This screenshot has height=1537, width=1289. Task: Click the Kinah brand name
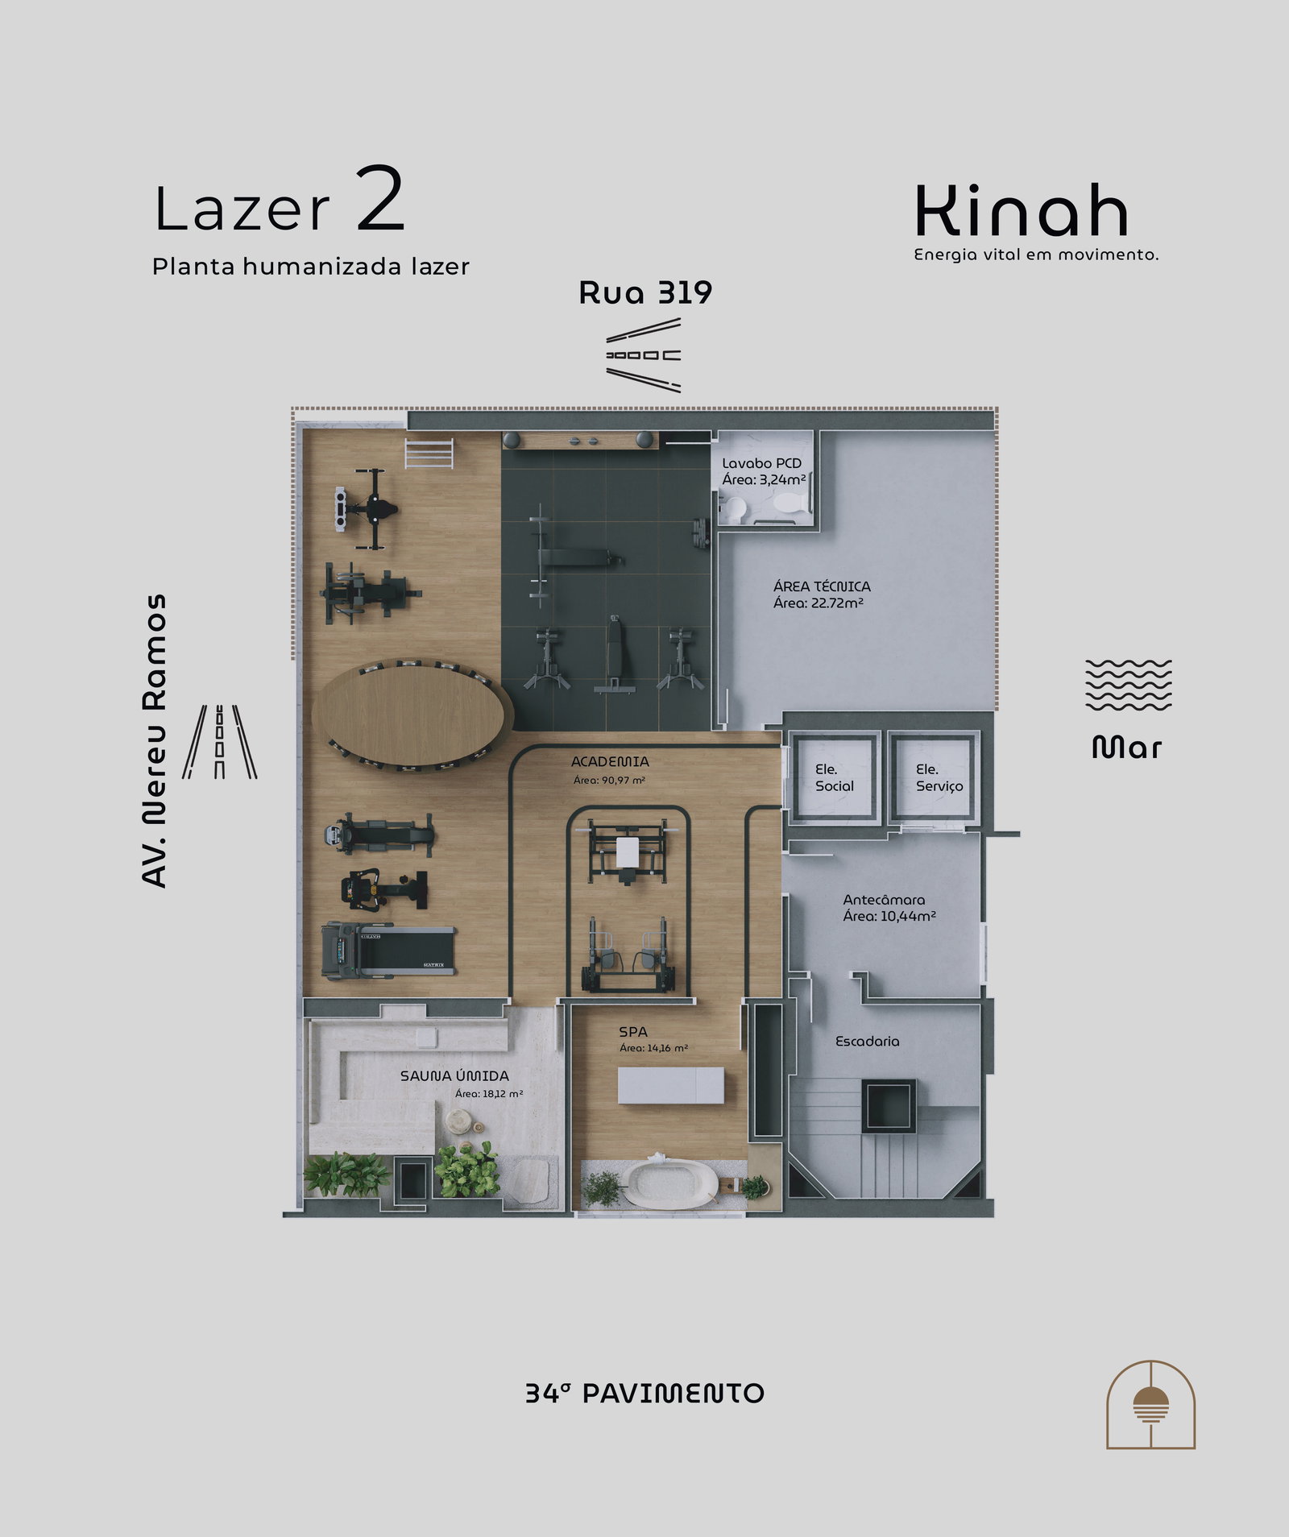[1021, 210]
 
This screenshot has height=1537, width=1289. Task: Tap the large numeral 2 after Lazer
[379, 199]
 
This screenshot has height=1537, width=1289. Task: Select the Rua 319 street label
[645, 293]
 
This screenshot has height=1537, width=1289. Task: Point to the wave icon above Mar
[1128, 685]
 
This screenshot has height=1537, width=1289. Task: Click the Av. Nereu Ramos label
[154, 741]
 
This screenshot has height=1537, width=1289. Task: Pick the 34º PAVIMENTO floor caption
[644, 1394]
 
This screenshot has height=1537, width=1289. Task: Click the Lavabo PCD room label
[761, 463]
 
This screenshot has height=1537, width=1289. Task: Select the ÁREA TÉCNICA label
[822, 586]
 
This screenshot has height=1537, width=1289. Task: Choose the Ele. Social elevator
[833, 777]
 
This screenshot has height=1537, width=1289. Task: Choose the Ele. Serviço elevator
[935, 777]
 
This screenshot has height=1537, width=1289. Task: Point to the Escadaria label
[867, 1041]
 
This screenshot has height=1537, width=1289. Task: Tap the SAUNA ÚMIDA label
[454, 1075]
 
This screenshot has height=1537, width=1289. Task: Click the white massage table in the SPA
[671, 1085]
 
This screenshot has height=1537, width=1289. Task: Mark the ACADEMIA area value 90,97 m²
[610, 780]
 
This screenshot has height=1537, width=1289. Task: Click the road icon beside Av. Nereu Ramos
[219, 741]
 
